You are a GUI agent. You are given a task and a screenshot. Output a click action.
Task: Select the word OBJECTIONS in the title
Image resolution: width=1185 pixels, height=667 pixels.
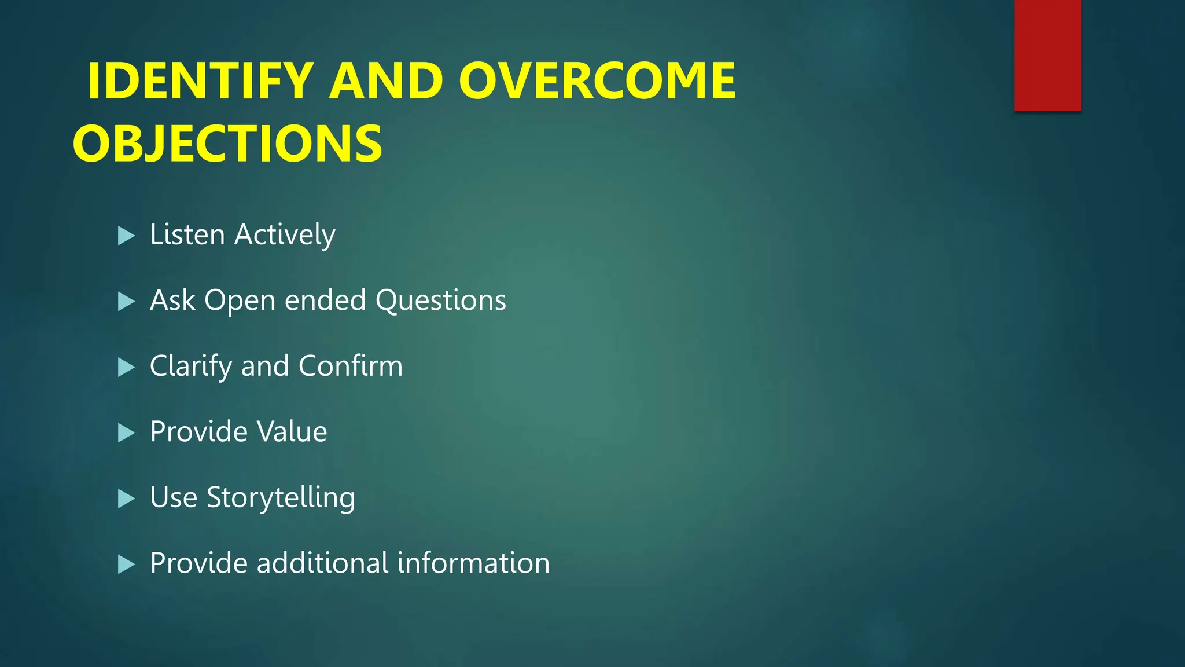click(x=227, y=144)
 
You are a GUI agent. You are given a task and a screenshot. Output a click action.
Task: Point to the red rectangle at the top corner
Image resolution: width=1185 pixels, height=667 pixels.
click(x=1047, y=55)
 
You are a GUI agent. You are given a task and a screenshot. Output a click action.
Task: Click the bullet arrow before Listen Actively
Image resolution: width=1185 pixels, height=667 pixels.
click(x=126, y=236)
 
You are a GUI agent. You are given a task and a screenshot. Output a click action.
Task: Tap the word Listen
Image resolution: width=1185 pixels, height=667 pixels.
click(x=187, y=234)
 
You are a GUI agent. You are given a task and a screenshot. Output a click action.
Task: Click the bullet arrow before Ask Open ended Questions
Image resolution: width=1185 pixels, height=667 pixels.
click(x=126, y=301)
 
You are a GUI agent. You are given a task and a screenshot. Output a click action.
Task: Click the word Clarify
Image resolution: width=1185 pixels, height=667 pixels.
click(x=190, y=367)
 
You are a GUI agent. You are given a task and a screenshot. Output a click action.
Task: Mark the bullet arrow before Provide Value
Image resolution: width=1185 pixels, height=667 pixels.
click(x=126, y=433)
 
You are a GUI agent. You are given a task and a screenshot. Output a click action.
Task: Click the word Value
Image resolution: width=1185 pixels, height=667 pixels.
click(x=292, y=432)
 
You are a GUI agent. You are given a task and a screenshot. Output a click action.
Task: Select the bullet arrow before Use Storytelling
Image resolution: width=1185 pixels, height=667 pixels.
click(x=126, y=499)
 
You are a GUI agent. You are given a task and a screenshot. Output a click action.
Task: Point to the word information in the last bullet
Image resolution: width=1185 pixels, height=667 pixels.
click(x=473, y=563)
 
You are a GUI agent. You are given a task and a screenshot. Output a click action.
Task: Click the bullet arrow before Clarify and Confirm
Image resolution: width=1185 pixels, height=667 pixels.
click(x=126, y=367)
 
